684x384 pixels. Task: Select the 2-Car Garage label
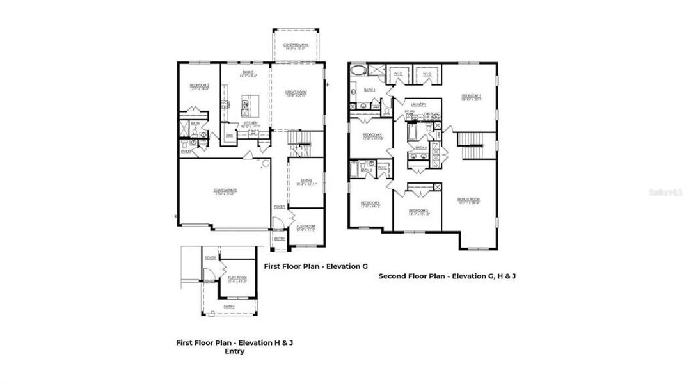[x=224, y=191]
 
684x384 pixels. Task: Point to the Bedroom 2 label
[x=199, y=86]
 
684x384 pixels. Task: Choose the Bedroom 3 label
[x=418, y=211]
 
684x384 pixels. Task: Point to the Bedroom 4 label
[x=370, y=204]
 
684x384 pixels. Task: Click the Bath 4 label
[x=420, y=148]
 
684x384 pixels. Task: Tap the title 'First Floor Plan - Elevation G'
[x=315, y=266]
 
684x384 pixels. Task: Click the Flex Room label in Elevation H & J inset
[x=237, y=279]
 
